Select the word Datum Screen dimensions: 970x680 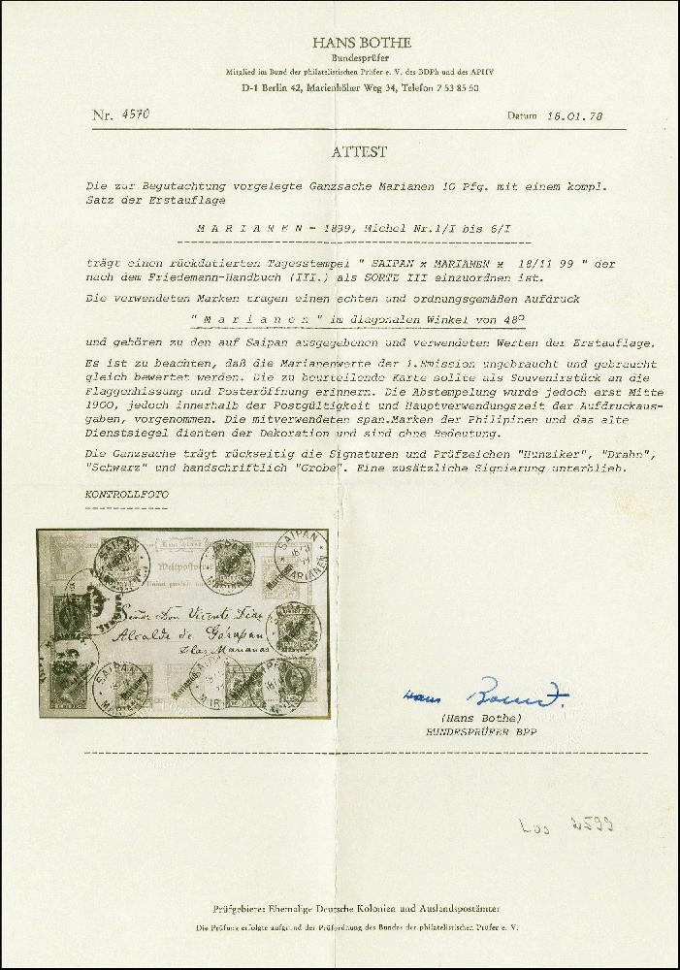point(522,116)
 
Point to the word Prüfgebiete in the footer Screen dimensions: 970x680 point(239,910)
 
